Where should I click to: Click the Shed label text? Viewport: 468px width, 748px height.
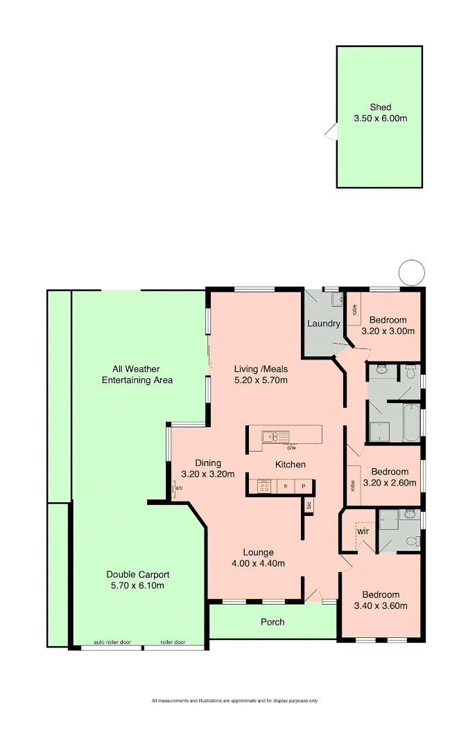click(380, 107)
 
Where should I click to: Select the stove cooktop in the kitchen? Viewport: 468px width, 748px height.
click(264, 487)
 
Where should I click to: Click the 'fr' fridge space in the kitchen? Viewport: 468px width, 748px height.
click(286, 487)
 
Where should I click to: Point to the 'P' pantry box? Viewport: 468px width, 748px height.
click(304, 487)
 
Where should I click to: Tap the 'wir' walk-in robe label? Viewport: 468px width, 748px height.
click(362, 531)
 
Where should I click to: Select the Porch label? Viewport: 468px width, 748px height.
click(272, 622)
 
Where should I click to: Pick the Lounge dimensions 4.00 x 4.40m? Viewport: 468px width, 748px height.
click(259, 563)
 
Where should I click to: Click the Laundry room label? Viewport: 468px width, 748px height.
click(323, 323)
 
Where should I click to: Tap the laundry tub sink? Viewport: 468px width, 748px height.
click(336, 299)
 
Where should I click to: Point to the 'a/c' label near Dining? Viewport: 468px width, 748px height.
click(178, 488)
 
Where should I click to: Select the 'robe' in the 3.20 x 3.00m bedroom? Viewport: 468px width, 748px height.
click(353, 310)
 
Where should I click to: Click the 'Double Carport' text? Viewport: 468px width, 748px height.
click(138, 574)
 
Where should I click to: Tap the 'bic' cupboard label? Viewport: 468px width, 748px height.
click(309, 506)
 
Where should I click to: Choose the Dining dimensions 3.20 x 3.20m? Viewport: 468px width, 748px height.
click(208, 474)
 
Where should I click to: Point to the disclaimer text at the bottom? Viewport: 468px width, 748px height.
click(234, 701)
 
